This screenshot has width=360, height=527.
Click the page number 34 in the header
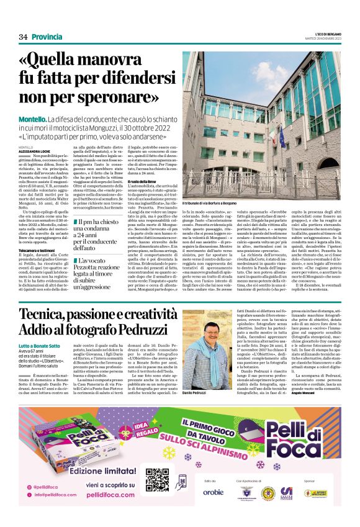pyautogui.click(x=24, y=37)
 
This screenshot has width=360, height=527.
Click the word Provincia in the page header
pyautogui.click(x=47, y=37)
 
